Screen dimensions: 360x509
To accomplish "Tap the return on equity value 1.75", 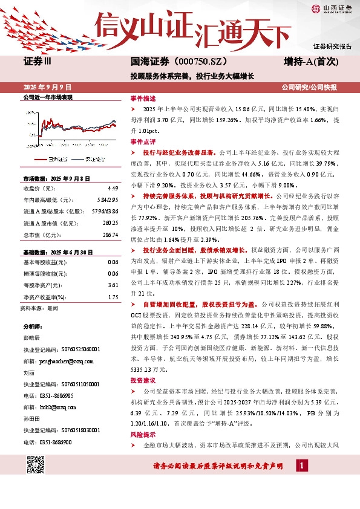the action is click(113, 296).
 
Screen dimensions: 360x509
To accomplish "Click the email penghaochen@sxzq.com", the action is click(62, 360).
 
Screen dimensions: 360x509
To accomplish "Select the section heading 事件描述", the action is click(143, 98).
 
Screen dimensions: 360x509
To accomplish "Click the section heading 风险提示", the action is click(143, 435).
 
